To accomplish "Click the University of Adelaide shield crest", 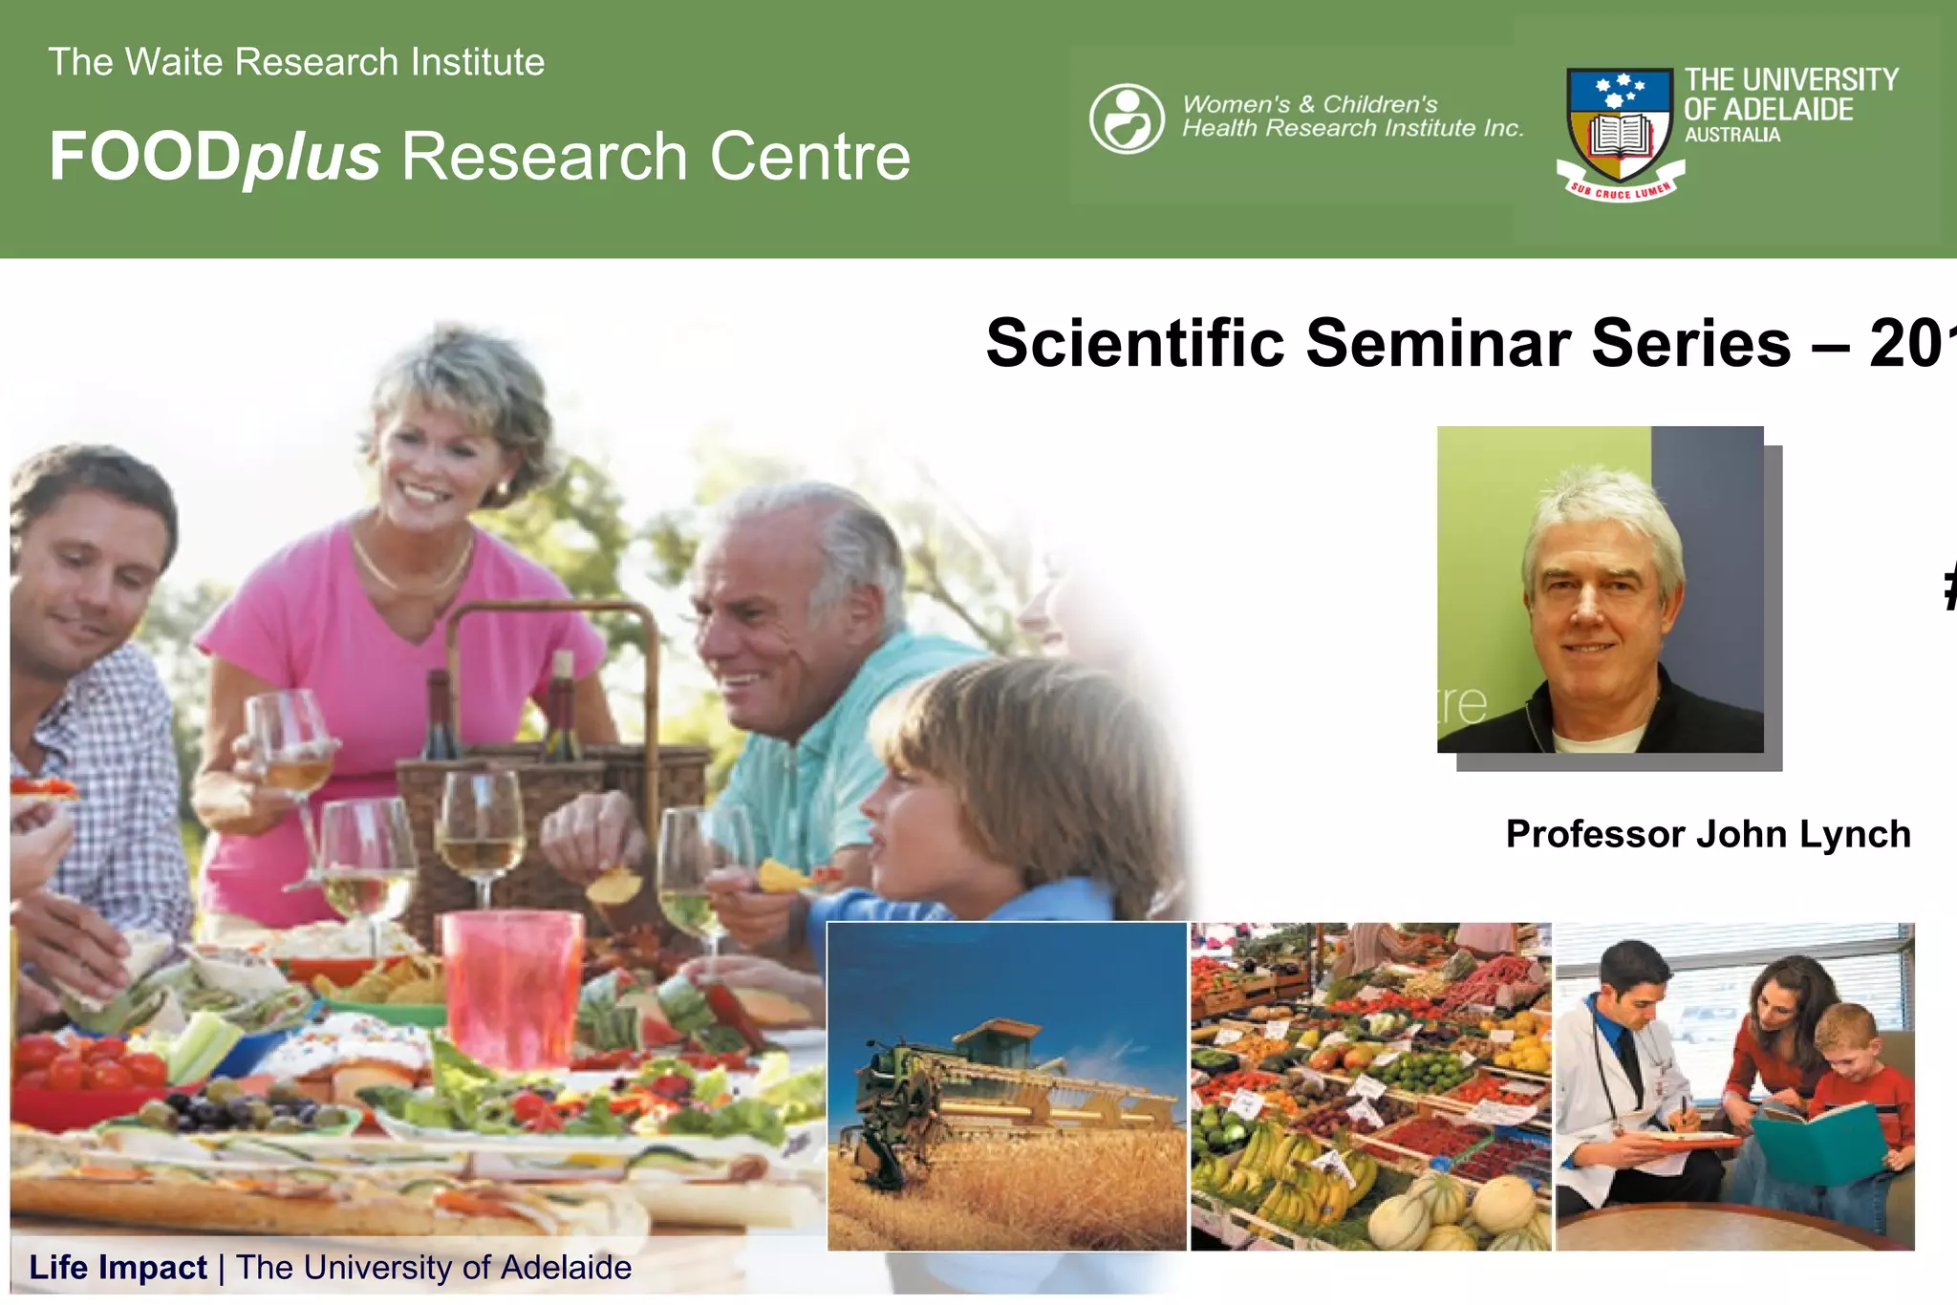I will click(x=1620, y=124).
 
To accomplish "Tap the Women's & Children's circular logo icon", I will click(x=1127, y=119).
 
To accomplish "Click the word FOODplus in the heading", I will click(x=214, y=157).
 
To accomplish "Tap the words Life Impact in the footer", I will click(x=118, y=1268).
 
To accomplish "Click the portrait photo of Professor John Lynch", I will click(x=1600, y=589).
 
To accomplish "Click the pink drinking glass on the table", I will click(x=512, y=984).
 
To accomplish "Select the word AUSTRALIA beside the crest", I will click(x=1731, y=136).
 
